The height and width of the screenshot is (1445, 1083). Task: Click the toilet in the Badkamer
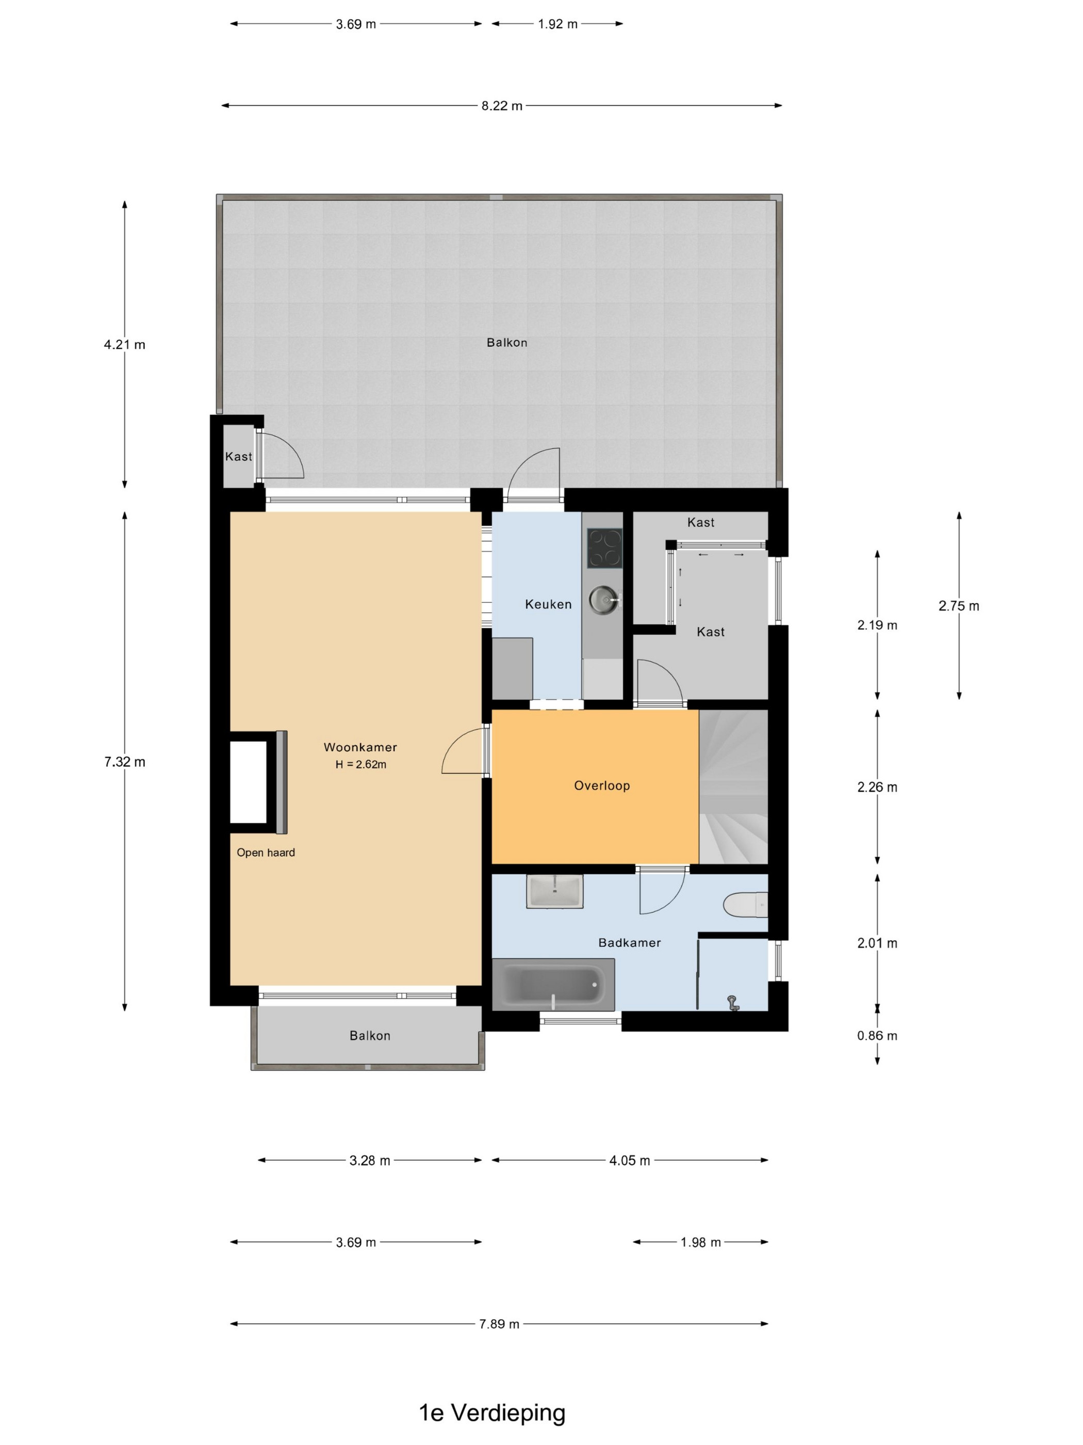coord(745,905)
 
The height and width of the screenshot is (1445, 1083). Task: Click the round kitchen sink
coord(604,599)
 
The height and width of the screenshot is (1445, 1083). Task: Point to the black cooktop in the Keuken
coord(604,548)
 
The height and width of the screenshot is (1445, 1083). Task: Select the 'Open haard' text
coord(266,853)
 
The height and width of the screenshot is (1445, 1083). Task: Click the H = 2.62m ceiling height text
coord(361,764)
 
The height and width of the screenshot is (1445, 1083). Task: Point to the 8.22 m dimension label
coord(502,106)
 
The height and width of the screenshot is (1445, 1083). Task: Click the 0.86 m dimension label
coord(877,1035)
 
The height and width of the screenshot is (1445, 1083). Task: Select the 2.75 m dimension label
coord(959,605)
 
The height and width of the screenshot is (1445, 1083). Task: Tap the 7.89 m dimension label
coord(499,1324)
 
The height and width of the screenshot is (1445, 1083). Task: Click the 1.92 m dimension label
coord(557,24)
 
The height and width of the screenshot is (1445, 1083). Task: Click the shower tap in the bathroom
coord(733,1002)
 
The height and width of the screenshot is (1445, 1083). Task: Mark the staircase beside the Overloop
coord(734,786)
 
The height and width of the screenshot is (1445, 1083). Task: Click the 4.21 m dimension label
coord(125,344)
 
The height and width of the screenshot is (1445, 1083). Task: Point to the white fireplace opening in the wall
coord(248,782)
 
